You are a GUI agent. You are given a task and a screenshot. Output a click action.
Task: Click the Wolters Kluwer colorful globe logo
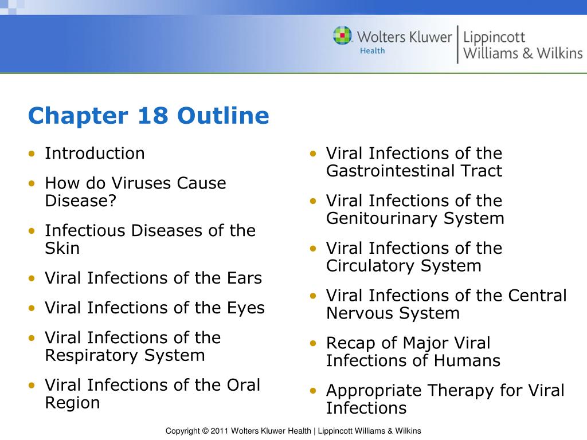(343, 36)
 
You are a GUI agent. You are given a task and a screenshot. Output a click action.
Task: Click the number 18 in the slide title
(152, 116)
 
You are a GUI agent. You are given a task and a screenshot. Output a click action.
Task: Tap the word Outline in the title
(223, 116)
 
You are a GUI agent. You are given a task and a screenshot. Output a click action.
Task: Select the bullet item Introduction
(95, 154)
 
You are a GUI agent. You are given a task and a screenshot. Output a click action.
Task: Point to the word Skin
(62, 249)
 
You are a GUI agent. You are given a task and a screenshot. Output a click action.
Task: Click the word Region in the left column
(72, 403)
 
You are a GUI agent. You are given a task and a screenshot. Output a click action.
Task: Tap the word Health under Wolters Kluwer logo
(372, 51)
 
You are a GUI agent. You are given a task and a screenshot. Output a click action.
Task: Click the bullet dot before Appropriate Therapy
(313, 391)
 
